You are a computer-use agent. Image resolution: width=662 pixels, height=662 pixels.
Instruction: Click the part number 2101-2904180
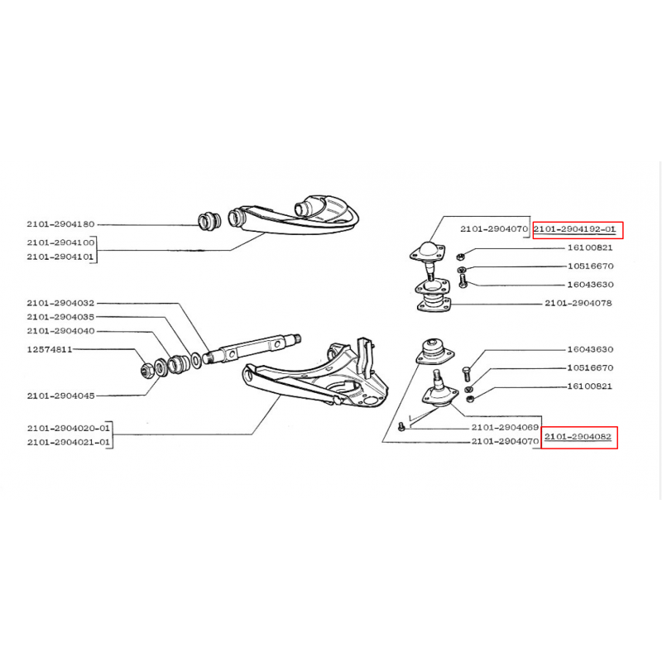click(x=60, y=224)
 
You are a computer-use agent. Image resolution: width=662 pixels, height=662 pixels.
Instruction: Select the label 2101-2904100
click(x=60, y=242)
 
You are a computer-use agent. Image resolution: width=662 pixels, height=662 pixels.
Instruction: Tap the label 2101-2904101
click(x=60, y=257)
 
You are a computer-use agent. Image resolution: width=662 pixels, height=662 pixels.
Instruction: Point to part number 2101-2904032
click(x=60, y=303)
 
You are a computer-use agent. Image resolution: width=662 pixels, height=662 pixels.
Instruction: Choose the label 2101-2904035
click(x=60, y=317)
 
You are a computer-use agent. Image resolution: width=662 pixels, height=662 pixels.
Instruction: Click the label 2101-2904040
click(x=60, y=331)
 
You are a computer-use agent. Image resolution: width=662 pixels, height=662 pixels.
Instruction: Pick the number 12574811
click(x=50, y=349)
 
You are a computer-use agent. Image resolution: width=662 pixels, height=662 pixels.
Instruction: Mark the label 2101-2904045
click(x=60, y=396)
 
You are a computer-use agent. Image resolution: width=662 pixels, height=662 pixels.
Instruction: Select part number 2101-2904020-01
click(x=68, y=428)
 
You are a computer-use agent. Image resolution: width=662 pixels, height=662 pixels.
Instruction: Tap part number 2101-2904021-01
click(x=68, y=443)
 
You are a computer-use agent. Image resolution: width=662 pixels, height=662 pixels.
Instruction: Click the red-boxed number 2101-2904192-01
click(x=574, y=229)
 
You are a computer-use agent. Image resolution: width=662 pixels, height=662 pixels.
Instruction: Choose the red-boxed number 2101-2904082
click(x=578, y=437)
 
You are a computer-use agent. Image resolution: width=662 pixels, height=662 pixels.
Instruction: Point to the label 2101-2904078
click(x=578, y=303)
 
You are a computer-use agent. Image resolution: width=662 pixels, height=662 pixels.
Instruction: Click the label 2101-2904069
click(x=505, y=427)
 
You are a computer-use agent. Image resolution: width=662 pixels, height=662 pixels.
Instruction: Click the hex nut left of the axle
click(x=147, y=370)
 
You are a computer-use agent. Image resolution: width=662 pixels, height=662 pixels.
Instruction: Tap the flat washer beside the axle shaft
click(x=196, y=361)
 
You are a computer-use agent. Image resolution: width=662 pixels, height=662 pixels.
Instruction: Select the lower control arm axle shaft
click(x=252, y=348)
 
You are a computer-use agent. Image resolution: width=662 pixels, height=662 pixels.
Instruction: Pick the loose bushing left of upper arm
click(x=209, y=222)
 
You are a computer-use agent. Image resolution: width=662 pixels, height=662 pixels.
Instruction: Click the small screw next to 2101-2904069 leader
click(x=401, y=427)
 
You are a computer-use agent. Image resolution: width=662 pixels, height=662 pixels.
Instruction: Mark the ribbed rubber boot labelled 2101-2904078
click(x=434, y=303)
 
